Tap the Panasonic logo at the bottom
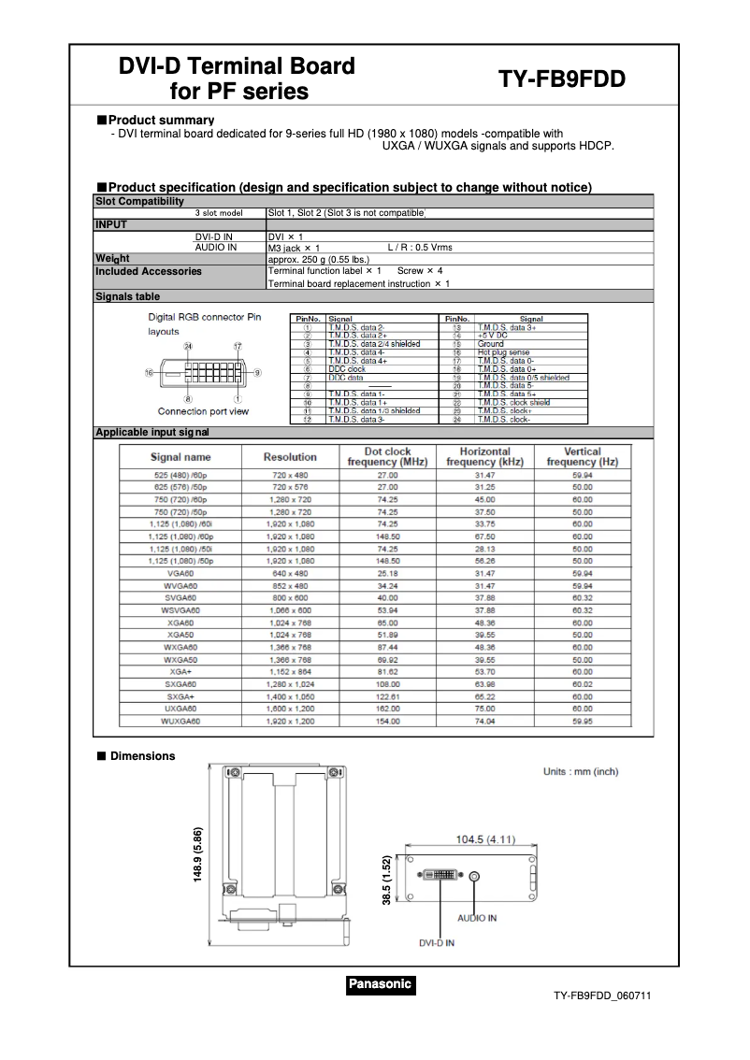pyautogui.click(x=380, y=983)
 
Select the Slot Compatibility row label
pyautogui.click(x=139, y=201)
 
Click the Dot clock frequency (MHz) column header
pyautogui.click(x=387, y=457)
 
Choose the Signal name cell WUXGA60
pyautogui.click(x=180, y=722)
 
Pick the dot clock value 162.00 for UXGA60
pyautogui.click(x=387, y=709)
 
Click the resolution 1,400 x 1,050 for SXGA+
pyautogui.click(x=290, y=697)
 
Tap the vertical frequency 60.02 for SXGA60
pyautogui.click(x=583, y=685)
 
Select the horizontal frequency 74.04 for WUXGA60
pyautogui.click(x=484, y=722)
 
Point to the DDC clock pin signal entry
pyautogui.click(x=347, y=369)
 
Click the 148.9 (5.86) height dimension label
pyautogui.click(x=198, y=854)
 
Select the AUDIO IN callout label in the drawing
pyautogui.click(x=477, y=918)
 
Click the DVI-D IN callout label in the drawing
pyautogui.click(x=437, y=943)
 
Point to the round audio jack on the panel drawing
pyautogui.click(x=475, y=877)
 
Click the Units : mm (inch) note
pyautogui.click(x=581, y=771)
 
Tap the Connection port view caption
pyautogui.click(x=203, y=411)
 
